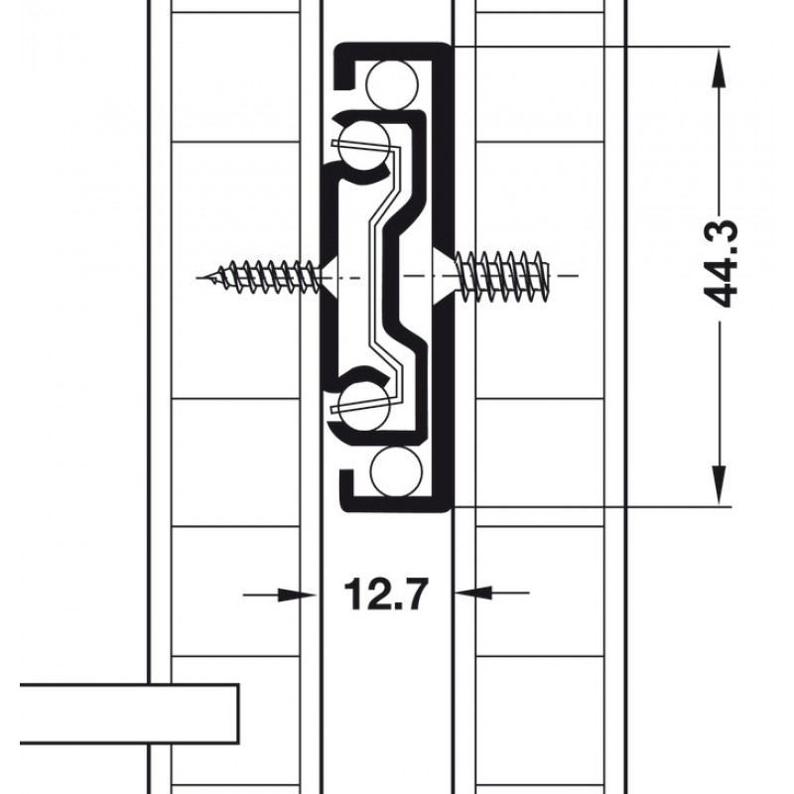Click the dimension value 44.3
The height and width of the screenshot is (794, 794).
(722, 264)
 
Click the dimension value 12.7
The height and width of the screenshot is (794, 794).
(386, 593)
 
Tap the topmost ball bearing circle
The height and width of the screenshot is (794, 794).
(393, 84)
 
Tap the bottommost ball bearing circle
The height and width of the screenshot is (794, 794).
(396, 470)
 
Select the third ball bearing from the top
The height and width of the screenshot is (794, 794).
(364, 407)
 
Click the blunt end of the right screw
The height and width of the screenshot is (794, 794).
(548, 277)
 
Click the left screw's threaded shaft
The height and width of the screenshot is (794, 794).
(261, 278)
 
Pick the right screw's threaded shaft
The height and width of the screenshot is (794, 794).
(501, 277)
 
